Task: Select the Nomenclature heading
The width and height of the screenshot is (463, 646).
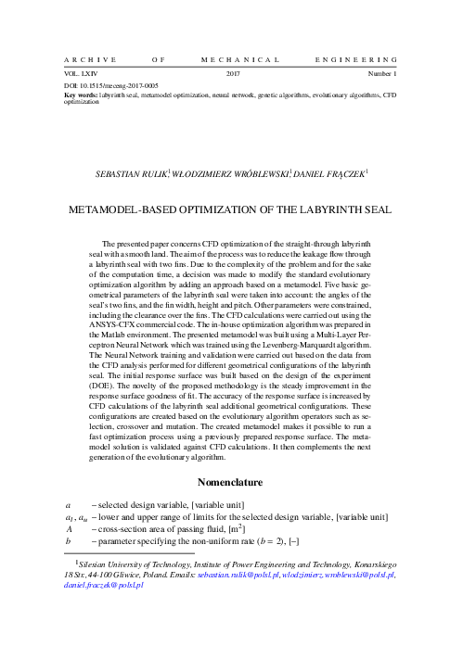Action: [232, 483]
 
